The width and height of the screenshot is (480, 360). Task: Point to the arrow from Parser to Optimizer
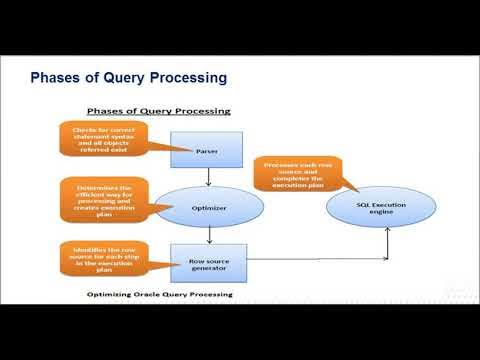208,176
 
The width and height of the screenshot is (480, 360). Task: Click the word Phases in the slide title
58,77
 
